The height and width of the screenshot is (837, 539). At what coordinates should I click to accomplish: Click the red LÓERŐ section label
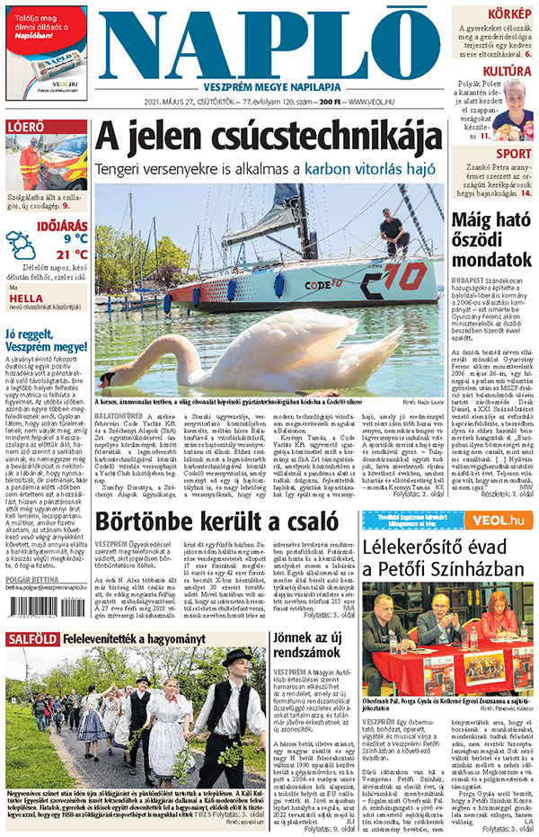(x=26, y=127)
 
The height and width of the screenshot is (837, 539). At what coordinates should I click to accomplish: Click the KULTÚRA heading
(x=507, y=71)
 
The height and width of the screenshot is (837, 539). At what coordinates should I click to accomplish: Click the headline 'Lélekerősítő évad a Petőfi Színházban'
(x=449, y=562)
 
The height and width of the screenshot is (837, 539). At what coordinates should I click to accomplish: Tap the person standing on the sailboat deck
(x=393, y=231)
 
